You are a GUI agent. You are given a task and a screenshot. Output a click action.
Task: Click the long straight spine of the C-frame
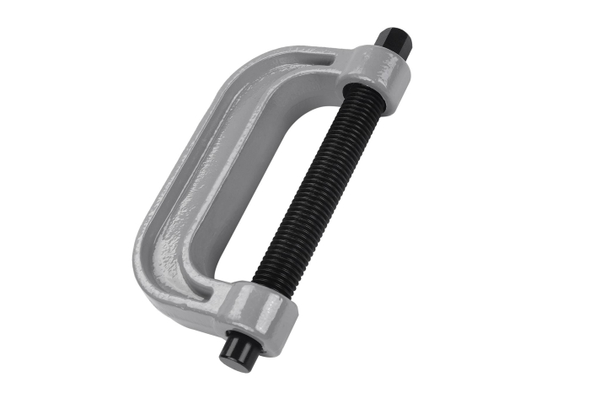pos(181,169)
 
